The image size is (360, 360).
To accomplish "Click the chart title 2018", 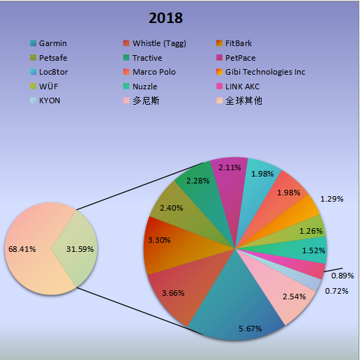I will (x=165, y=17).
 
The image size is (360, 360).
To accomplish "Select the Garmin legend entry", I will (x=53, y=43).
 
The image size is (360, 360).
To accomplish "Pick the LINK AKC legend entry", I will (x=243, y=87).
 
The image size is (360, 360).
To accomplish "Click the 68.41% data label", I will (x=22, y=248).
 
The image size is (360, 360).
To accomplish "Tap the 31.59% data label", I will (x=80, y=248).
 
